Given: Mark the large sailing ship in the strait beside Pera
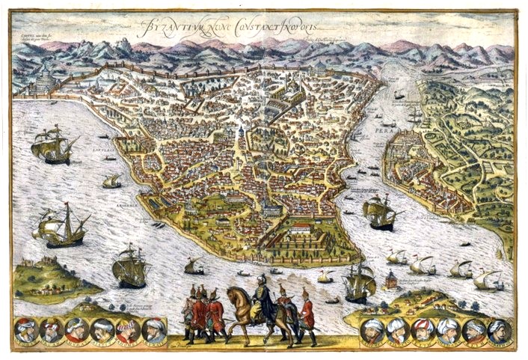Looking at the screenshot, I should (379, 213).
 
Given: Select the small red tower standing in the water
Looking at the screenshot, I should (390, 281).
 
